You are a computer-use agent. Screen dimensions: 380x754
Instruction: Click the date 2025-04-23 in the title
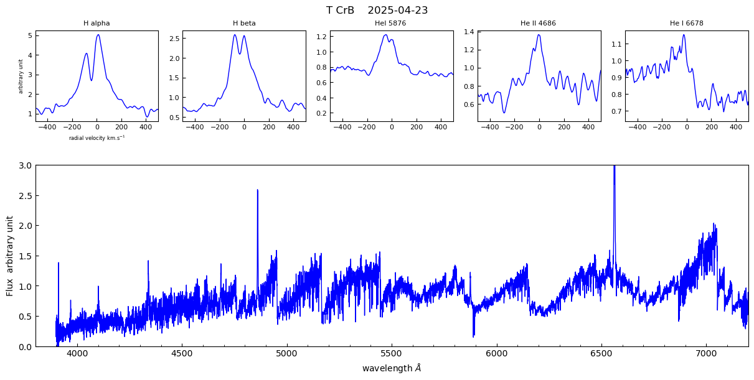pyautogui.click(x=398, y=11)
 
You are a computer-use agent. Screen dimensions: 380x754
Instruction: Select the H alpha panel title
pyautogui.click(x=97, y=24)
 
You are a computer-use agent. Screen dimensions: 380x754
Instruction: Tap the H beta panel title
pyautogui.click(x=244, y=24)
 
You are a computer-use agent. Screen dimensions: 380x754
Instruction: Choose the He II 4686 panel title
pyautogui.click(x=538, y=24)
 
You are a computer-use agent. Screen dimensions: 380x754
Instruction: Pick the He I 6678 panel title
pyautogui.click(x=686, y=24)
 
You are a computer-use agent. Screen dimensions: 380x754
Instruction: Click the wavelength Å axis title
pyautogui.click(x=392, y=368)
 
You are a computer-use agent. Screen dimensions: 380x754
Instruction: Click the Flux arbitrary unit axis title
pyautogui.click(x=10, y=256)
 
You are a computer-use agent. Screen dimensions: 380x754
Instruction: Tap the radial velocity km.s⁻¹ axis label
pyautogui.click(x=97, y=137)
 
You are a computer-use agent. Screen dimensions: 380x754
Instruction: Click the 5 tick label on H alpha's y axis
pyautogui.click(x=29, y=35)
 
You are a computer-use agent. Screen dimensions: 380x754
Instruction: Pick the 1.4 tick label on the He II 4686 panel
pyautogui.click(x=468, y=32)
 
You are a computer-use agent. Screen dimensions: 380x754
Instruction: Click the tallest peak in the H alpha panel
pyautogui.click(x=98, y=35)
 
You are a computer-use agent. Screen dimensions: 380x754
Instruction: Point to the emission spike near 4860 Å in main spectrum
pyautogui.click(x=257, y=191)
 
